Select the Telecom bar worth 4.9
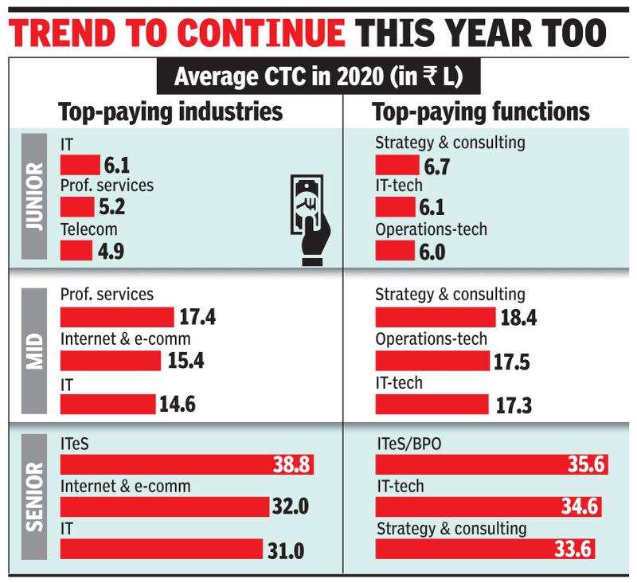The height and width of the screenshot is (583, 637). (76, 251)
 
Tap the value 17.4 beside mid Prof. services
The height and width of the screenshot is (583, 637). (197, 317)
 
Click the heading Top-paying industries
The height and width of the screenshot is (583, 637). (171, 112)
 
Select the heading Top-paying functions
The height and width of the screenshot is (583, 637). (483, 112)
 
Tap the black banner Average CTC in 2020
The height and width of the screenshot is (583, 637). (318, 80)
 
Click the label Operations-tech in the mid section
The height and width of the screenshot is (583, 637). (431, 339)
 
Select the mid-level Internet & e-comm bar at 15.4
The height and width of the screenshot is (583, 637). (112, 360)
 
